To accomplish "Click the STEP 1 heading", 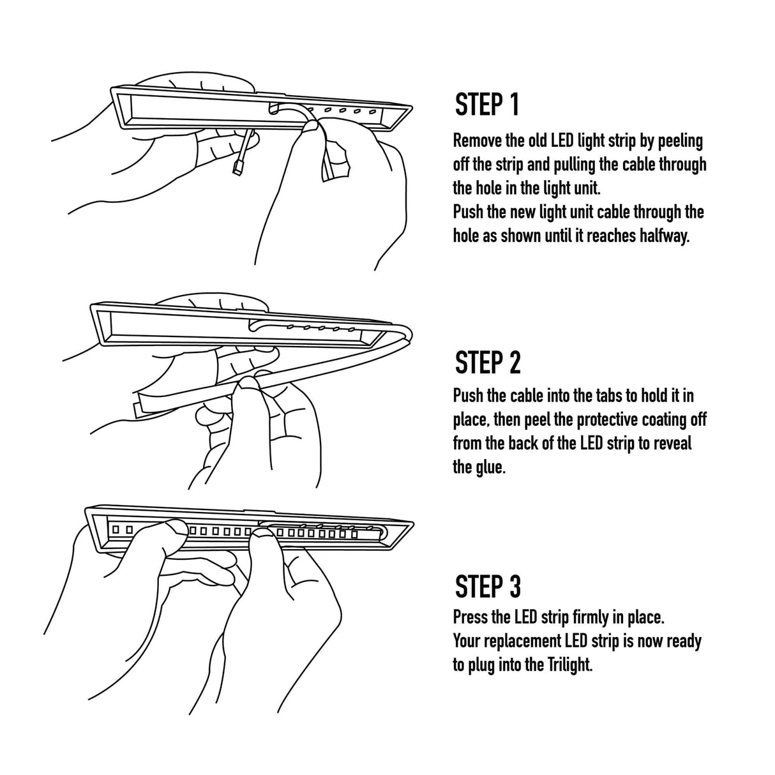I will tap(487, 105).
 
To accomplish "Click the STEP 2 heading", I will tap(488, 362).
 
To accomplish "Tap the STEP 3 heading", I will tap(488, 585).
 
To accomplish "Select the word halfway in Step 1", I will tap(665, 236).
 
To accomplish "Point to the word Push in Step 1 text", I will tap(469, 212).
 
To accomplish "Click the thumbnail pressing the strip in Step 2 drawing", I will tap(248, 382).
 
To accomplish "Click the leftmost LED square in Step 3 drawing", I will tap(116, 529).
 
